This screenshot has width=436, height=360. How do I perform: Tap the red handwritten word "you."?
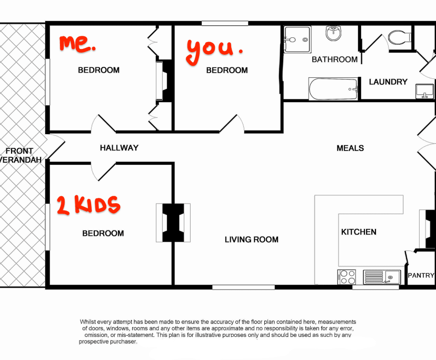tap(213, 48)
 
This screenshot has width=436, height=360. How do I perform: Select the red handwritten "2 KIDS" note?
tap(88, 205)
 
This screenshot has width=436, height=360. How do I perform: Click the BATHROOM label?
tap(334, 59)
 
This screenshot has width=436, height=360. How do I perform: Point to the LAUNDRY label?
tap(388, 82)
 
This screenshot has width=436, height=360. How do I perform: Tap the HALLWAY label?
tap(119, 148)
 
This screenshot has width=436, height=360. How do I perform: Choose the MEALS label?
tap(350, 148)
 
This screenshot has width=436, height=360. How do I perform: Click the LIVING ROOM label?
tap(251, 239)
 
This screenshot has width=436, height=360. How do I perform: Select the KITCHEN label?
tap(359, 232)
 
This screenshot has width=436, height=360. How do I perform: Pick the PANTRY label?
tap(421, 275)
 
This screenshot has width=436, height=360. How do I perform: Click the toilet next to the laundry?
tap(399, 37)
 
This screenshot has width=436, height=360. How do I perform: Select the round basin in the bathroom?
tap(333, 34)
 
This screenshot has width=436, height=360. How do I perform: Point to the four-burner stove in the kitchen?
tap(346, 277)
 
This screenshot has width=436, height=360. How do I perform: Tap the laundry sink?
tap(424, 92)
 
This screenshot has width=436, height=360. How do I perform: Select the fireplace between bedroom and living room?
tap(173, 223)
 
